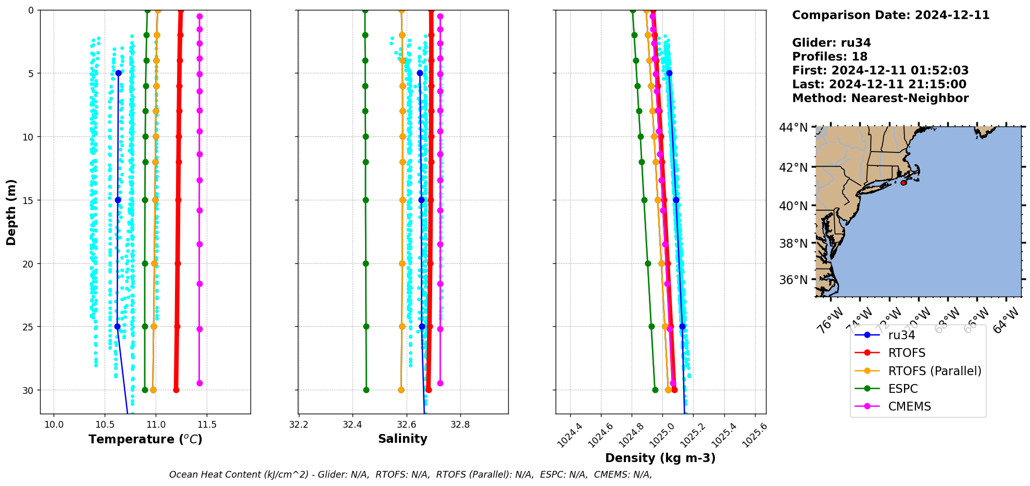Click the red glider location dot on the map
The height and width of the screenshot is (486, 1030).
click(903, 183)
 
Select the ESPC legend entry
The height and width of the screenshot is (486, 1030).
click(902, 389)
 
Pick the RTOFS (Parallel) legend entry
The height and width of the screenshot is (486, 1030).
click(934, 371)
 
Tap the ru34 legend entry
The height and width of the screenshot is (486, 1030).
click(901, 335)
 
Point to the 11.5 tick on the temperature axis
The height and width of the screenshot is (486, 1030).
click(207, 425)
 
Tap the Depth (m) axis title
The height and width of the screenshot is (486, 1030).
click(11, 212)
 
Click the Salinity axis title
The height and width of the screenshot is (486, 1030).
click(403, 439)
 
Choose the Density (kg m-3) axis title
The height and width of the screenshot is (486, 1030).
click(660, 458)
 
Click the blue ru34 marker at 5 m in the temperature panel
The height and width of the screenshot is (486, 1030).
click(118, 73)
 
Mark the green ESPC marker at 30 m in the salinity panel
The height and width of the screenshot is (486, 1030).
click(366, 390)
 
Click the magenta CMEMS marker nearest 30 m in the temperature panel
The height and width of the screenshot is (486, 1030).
click(199, 383)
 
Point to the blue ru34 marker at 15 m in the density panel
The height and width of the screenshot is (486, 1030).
click(676, 200)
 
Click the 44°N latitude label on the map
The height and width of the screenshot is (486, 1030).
click(793, 127)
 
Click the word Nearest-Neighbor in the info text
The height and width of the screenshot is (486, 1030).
click(910, 98)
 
